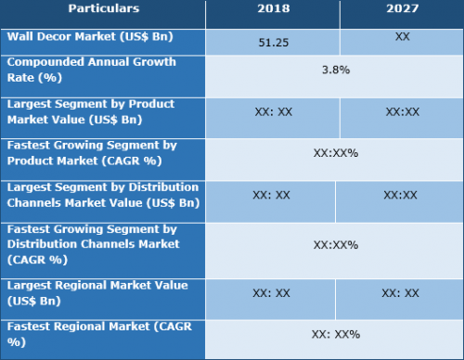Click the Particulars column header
[104, 8]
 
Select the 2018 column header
[274, 8]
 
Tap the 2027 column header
[402, 8]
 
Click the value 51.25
[274, 43]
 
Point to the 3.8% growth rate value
[336, 70]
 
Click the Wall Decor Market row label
[90, 37]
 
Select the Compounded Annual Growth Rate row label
[92, 70]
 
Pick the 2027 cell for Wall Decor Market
[402, 36]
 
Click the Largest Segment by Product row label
[91, 111]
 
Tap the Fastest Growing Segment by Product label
[92, 153]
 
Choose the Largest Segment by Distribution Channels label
[103, 195]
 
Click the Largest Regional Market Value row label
[97, 293]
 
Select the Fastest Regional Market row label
[99, 334]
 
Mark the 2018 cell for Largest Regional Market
[271, 293]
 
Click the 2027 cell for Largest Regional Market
[400, 293]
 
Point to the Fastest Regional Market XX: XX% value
[336, 334]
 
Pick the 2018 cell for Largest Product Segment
[274, 111]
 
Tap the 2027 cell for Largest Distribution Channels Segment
[400, 195]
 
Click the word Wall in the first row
[19, 36]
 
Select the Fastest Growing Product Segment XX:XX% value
[336, 153]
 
